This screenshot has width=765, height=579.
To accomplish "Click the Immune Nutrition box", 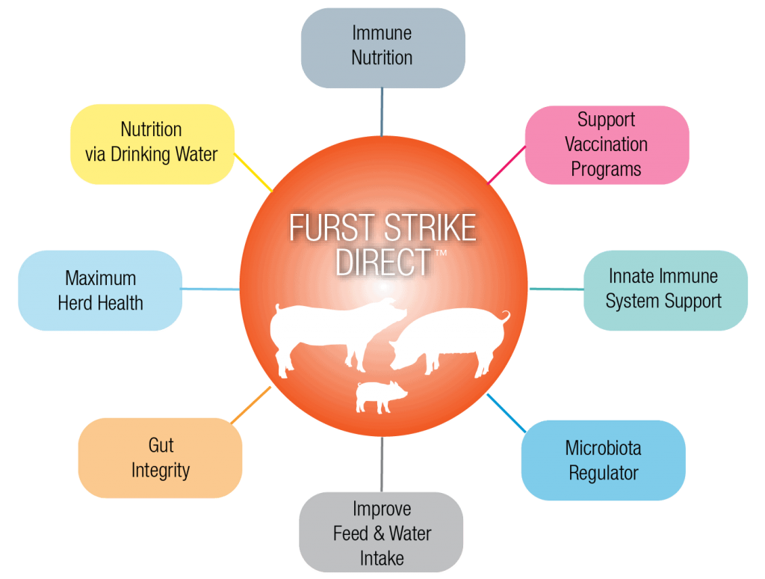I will (382, 46).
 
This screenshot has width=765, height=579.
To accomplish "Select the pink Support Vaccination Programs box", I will (606, 144).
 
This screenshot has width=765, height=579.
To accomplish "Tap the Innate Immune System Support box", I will (664, 289).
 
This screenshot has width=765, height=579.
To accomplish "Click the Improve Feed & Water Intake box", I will (381, 533).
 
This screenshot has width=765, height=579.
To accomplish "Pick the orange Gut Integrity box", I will (160, 458).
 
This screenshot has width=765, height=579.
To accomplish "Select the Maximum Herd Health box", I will (100, 290).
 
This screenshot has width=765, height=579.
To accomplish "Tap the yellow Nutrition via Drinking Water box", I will (152, 142).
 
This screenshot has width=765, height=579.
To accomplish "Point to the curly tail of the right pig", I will (506, 317).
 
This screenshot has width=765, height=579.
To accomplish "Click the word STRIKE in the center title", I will (427, 229).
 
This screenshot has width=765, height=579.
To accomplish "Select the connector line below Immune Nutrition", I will (382, 111).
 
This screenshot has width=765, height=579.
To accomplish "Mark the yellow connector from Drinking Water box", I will (254, 171).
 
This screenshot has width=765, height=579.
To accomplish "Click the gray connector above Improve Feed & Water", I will (382, 464).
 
